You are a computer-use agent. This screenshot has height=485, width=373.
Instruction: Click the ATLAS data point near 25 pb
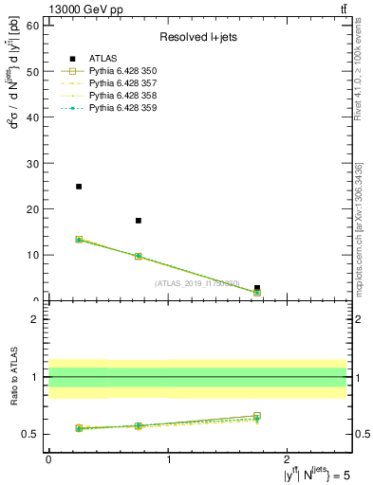pos(79,187)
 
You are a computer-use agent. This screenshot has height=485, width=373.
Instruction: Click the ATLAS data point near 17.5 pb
pos(139,221)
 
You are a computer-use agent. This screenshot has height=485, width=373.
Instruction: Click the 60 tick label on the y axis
pos(31,26)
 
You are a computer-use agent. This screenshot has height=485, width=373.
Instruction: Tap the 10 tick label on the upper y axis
pos(31,255)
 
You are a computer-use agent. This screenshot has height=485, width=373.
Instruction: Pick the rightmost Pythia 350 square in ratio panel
pos(257,416)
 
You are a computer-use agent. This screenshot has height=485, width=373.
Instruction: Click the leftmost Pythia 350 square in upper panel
pos(79,240)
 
